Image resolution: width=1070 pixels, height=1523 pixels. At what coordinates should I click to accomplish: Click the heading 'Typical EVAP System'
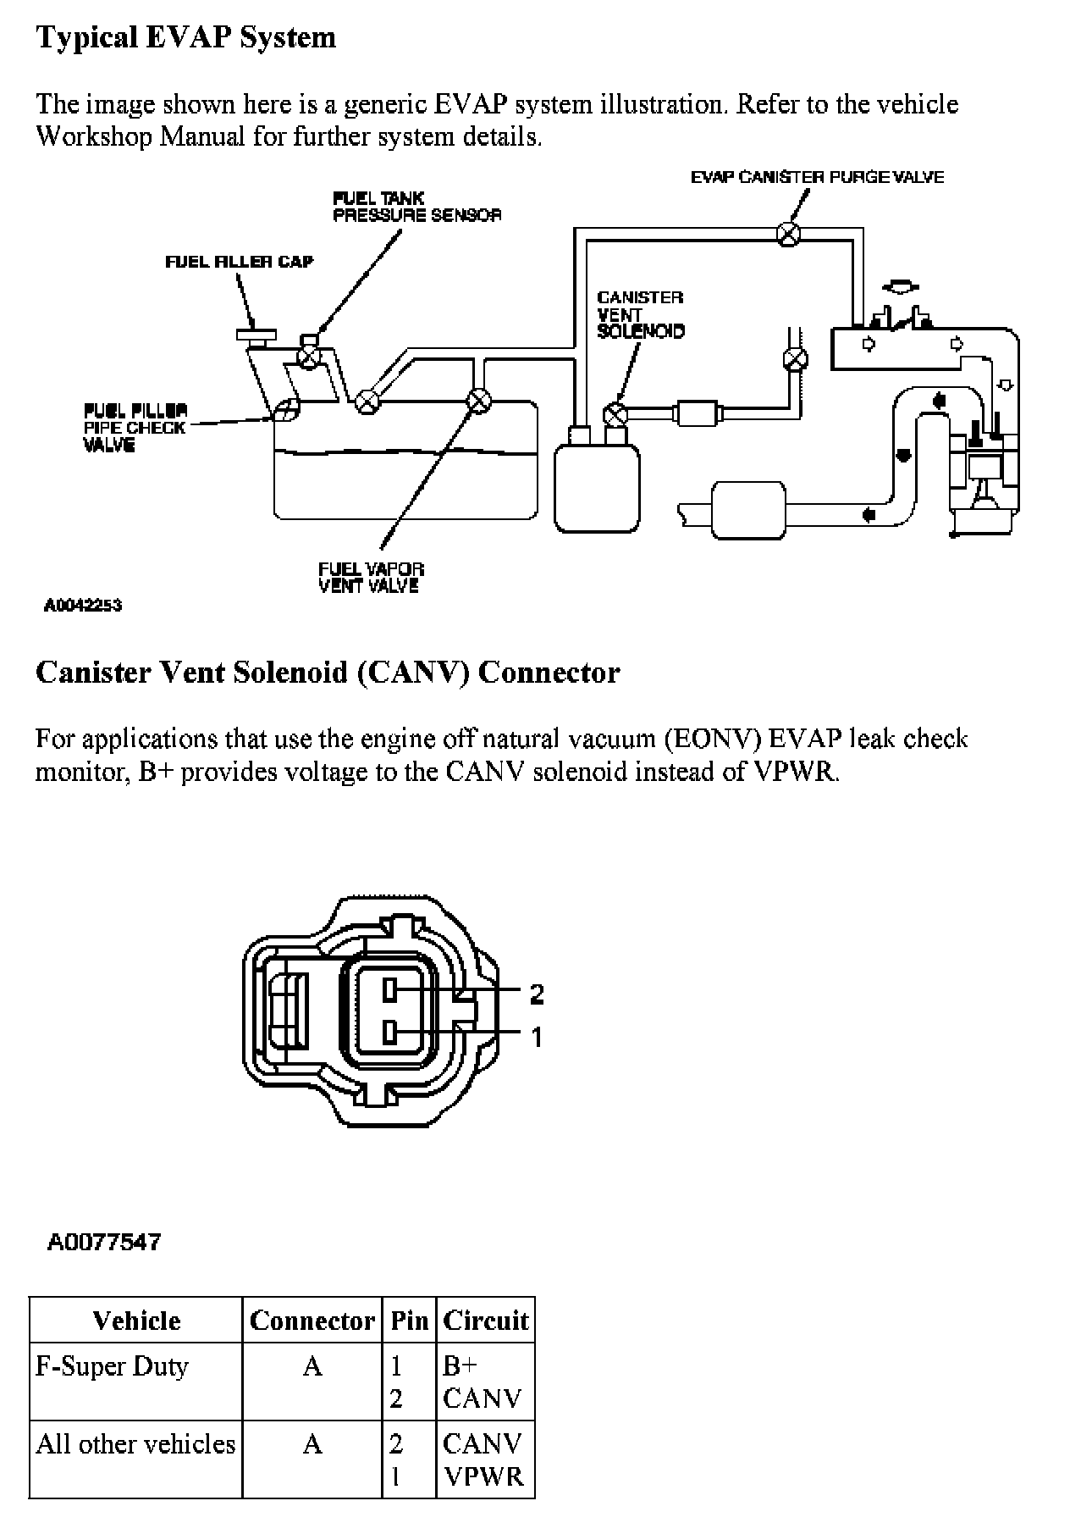click(x=185, y=37)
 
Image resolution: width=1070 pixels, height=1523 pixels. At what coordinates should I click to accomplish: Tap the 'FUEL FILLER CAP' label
click(x=239, y=262)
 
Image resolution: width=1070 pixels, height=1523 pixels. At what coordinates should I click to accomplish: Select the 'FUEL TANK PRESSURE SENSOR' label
click(x=416, y=207)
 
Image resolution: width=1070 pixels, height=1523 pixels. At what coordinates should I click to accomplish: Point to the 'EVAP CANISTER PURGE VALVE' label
click(x=817, y=177)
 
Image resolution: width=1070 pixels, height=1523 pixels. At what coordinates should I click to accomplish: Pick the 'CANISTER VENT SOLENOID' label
click(x=640, y=314)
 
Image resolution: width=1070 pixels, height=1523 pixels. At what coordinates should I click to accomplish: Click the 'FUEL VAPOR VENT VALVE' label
click(x=371, y=577)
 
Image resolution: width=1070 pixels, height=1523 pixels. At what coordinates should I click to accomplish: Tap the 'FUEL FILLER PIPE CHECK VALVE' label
click(x=135, y=428)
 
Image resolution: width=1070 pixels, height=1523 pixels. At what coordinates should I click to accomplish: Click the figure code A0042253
click(x=83, y=605)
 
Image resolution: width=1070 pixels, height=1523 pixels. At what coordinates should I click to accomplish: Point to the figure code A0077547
click(x=103, y=1242)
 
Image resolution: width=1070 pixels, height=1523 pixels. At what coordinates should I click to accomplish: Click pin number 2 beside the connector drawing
click(x=537, y=994)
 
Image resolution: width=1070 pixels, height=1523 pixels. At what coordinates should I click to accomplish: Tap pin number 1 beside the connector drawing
click(x=537, y=1036)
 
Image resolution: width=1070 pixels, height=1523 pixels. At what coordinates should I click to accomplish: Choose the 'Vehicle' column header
click(x=136, y=1321)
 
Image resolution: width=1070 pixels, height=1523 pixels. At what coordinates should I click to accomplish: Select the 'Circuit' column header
click(x=486, y=1321)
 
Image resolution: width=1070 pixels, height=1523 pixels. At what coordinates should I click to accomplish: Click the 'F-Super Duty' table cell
click(x=112, y=1366)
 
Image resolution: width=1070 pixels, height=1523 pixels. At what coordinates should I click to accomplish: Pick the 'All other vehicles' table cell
click(x=135, y=1443)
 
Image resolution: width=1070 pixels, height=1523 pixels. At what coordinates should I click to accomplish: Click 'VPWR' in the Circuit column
click(x=484, y=1476)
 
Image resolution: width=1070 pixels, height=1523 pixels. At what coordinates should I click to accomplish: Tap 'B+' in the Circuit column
click(x=461, y=1366)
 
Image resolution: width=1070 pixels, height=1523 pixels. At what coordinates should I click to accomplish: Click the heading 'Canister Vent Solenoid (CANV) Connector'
click(x=328, y=673)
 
